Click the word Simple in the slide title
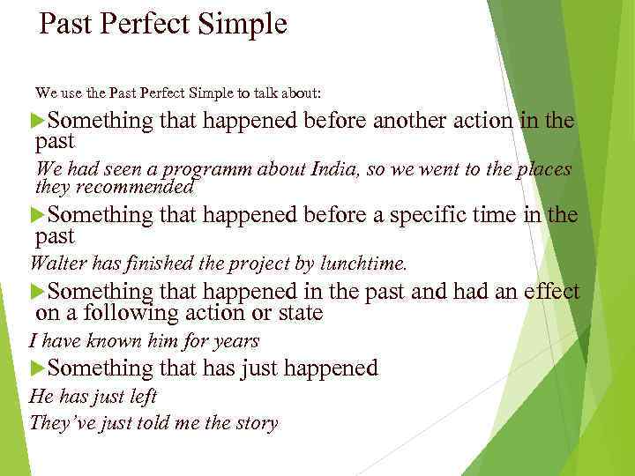coord(248,24)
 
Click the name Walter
coord(56,263)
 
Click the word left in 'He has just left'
coord(141,397)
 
